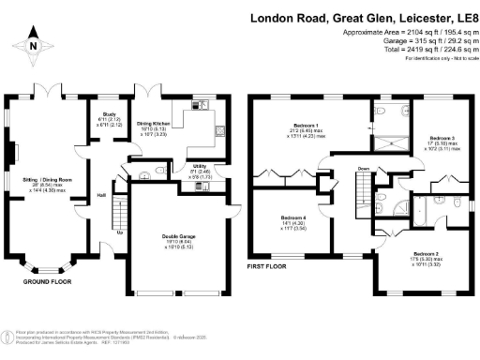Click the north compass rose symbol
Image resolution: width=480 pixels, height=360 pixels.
coord(34,43)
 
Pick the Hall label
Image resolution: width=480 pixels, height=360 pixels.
coord(101,195)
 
